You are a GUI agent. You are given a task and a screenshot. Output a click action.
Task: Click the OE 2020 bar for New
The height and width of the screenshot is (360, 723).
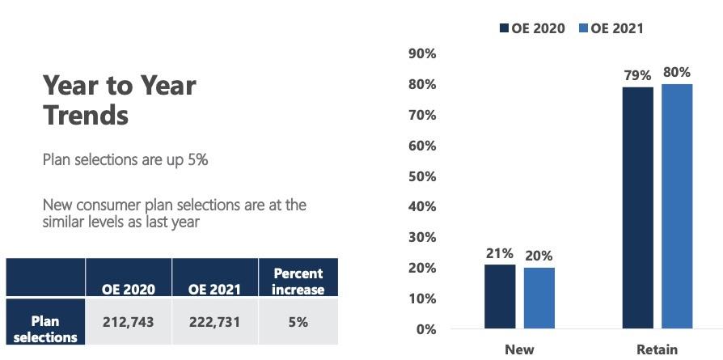500,296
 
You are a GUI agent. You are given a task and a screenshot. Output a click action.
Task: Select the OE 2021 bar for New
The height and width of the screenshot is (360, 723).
539,298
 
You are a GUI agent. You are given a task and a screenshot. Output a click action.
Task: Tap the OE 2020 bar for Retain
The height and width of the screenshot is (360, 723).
637,207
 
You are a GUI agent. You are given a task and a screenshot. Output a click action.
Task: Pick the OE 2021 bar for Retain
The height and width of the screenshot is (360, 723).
677,205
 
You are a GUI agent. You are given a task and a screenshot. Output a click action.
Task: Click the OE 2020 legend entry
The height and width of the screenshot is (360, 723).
532,28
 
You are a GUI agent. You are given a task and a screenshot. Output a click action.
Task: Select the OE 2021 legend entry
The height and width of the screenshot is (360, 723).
611,28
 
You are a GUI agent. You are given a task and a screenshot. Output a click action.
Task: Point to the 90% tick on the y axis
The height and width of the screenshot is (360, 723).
423,54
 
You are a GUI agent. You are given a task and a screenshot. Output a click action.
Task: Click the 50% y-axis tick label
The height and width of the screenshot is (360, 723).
423,176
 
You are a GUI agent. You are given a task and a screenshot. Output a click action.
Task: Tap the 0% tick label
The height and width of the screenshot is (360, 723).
426,329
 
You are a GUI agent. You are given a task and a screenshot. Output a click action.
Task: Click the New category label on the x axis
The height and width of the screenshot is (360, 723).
519,349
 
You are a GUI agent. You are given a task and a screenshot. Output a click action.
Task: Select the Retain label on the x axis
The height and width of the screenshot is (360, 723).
657,349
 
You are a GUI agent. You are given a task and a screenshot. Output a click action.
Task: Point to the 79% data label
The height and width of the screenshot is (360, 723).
637,75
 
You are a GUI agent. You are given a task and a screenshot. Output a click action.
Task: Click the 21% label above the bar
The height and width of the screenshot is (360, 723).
500,253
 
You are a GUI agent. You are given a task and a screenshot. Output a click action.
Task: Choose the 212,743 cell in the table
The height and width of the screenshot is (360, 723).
129,321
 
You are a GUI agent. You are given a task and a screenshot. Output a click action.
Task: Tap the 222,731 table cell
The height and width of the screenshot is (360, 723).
214,321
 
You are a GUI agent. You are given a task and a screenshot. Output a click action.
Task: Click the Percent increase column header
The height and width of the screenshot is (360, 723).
298,281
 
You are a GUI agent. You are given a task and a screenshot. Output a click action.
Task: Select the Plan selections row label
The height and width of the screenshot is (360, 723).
46,328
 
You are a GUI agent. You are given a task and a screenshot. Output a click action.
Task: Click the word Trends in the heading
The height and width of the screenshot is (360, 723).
86,115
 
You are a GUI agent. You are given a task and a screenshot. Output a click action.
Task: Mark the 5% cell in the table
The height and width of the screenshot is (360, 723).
298,321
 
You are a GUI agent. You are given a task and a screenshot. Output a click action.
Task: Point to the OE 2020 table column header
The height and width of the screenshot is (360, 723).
129,289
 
